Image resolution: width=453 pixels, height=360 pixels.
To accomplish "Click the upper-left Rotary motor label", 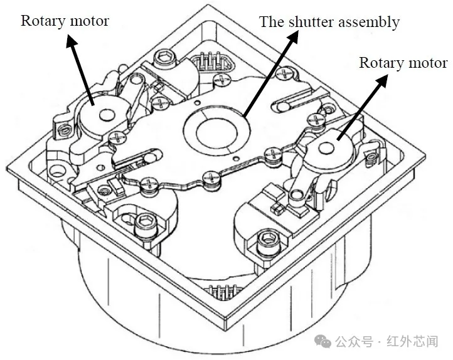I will click(x=65, y=21).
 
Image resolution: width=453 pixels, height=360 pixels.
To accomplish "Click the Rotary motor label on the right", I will click(x=402, y=63).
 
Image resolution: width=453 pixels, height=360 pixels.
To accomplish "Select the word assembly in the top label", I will click(x=368, y=23).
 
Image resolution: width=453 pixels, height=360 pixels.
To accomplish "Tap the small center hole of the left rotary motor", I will click(x=104, y=115).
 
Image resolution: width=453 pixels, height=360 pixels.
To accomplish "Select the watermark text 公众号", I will click(x=354, y=342).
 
